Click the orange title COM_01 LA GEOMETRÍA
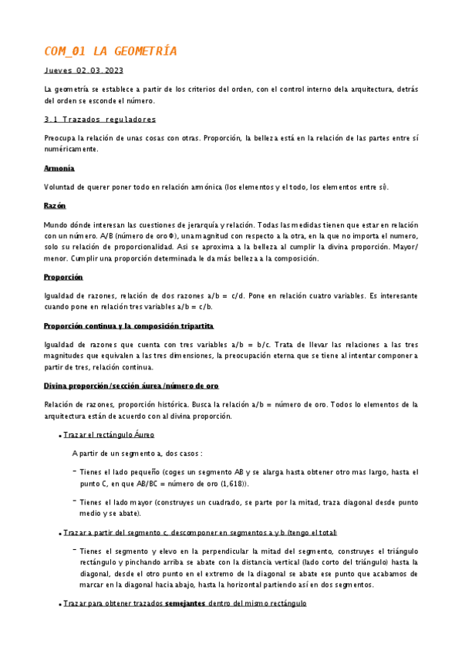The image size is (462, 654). tap(110, 52)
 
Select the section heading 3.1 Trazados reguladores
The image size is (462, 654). tap(100, 120)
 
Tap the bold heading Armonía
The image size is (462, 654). tap(59, 168)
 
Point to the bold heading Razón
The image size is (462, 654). tap(55, 206)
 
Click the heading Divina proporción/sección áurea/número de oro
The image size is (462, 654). tap(131, 385)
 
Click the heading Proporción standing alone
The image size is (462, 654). tap(64, 276)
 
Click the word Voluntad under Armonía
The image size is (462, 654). tap(61, 187)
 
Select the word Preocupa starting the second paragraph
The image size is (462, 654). tap(62, 138)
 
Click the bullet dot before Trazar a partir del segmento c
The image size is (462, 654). tap(59, 534)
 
